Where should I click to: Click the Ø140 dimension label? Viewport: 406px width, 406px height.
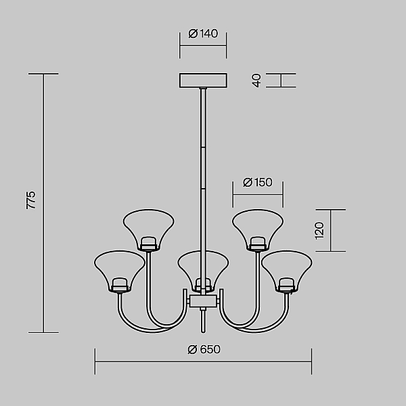click(203, 34)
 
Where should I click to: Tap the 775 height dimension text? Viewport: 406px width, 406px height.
click(31, 200)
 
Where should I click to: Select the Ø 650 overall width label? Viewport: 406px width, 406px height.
click(204, 349)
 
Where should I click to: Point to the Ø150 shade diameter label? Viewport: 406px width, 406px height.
click(258, 182)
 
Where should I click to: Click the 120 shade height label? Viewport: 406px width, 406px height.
click(319, 231)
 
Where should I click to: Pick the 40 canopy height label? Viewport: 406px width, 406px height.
click(256, 81)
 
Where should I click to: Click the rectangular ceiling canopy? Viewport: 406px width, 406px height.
click(203, 81)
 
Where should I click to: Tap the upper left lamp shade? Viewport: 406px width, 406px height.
click(149, 230)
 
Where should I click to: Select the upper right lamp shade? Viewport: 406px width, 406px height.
click(258, 230)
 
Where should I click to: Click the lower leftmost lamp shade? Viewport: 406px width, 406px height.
click(119, 271)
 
